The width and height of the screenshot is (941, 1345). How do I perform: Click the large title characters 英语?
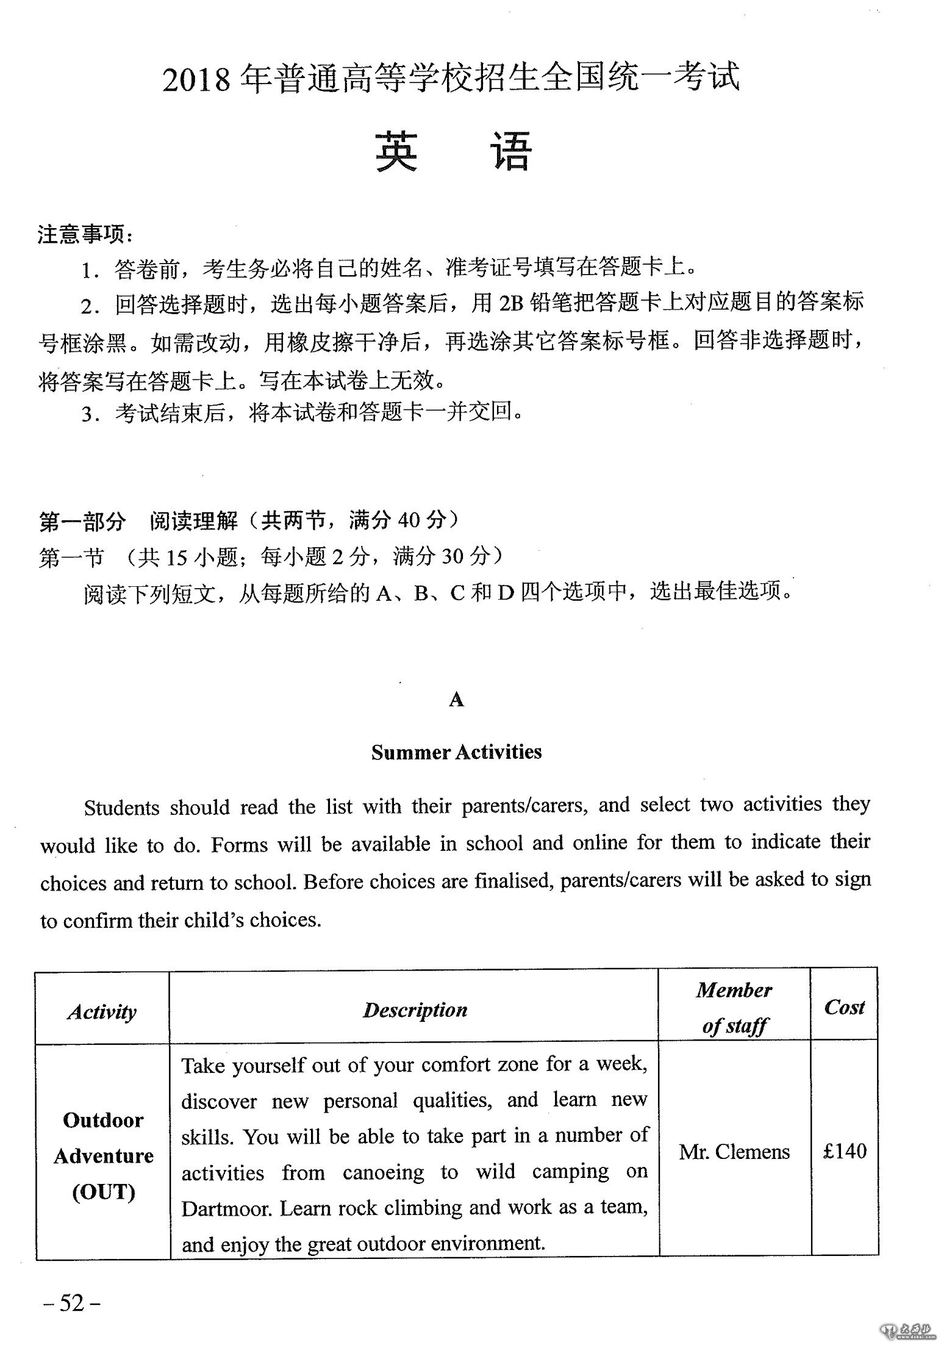(454, 151)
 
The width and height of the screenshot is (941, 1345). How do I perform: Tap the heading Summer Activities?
(456, 751)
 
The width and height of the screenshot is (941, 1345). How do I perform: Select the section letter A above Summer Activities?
(456, 700)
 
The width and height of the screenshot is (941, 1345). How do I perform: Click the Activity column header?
(102, 1011)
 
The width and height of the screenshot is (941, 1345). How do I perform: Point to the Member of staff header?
(734, 1008)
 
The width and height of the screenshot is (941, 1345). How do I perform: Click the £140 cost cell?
(845, 1150)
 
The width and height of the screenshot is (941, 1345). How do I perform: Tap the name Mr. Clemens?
(734, 1152)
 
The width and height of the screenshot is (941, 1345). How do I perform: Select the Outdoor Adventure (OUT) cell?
(103, 1155)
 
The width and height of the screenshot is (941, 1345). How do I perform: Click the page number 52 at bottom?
(71, 1303)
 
